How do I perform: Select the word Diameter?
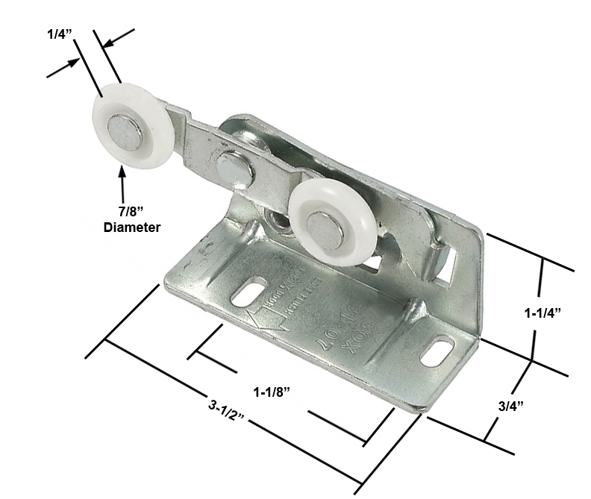tap(131, 227)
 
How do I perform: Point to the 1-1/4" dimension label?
tap(542, 313)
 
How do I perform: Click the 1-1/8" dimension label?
tap(271, 391)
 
